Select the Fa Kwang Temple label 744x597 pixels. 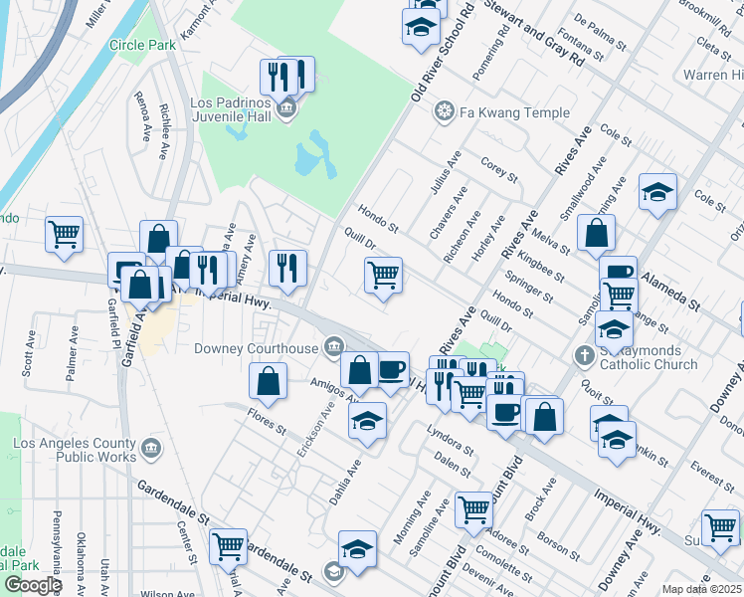coord(514,112)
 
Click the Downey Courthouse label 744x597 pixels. coord(256,347)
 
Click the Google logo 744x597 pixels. coord(32,585)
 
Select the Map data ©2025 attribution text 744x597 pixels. coord(702,589)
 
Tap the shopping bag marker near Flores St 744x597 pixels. coord(269,381)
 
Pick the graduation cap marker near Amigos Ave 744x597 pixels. coord(367,421)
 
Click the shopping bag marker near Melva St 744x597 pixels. coord(596,235)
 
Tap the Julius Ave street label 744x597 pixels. coord(446,172)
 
